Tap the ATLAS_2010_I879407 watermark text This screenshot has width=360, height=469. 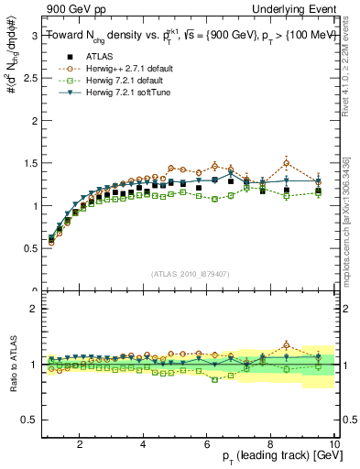[189, 274]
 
